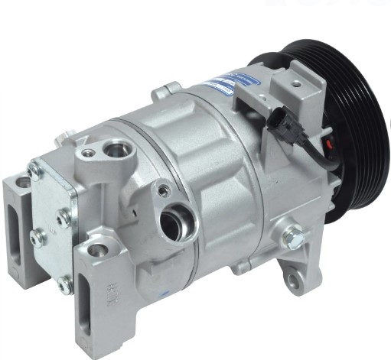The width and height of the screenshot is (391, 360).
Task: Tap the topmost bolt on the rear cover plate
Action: [34, 170]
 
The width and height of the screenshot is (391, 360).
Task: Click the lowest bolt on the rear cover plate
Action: [64, 284]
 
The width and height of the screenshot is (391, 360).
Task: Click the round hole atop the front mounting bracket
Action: [96, 249]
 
